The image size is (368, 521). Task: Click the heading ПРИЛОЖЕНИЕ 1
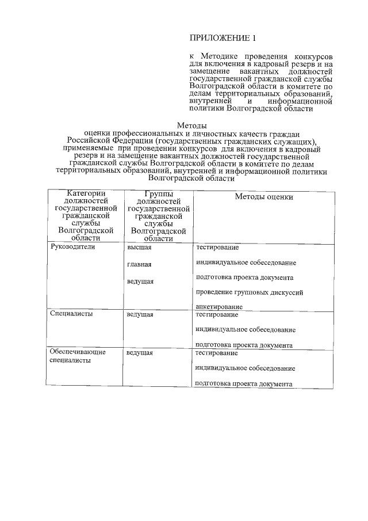(x=221, y=39)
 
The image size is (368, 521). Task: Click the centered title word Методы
(x=191, y=126)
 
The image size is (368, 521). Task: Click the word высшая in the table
(x=139, y=247)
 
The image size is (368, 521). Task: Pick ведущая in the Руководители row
(x=140, y=282)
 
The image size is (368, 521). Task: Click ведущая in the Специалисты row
(x=140, y=315)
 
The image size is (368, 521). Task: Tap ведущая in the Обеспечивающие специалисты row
(x=140, y=352)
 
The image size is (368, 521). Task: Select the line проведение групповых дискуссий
(x=249, y=292)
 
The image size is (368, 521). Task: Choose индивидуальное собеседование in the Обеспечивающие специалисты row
(x=246, y=368)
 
